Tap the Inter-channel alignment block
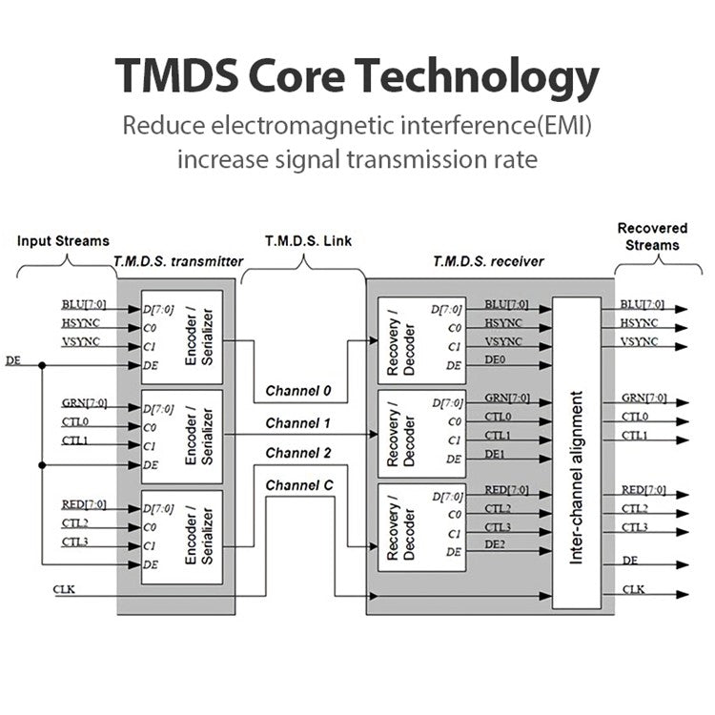tap(576, 453)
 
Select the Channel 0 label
tap(298, 391)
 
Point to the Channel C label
tap(299, 485)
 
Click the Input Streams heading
tap(63, 240)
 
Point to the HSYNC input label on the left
tap(81, 323)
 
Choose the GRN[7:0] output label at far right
tap(643, 398)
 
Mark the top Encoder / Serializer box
tap(181, 337)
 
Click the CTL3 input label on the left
tap(75, 541)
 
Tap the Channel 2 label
tap(298, 453)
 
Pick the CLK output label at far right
tap(633, 590)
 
